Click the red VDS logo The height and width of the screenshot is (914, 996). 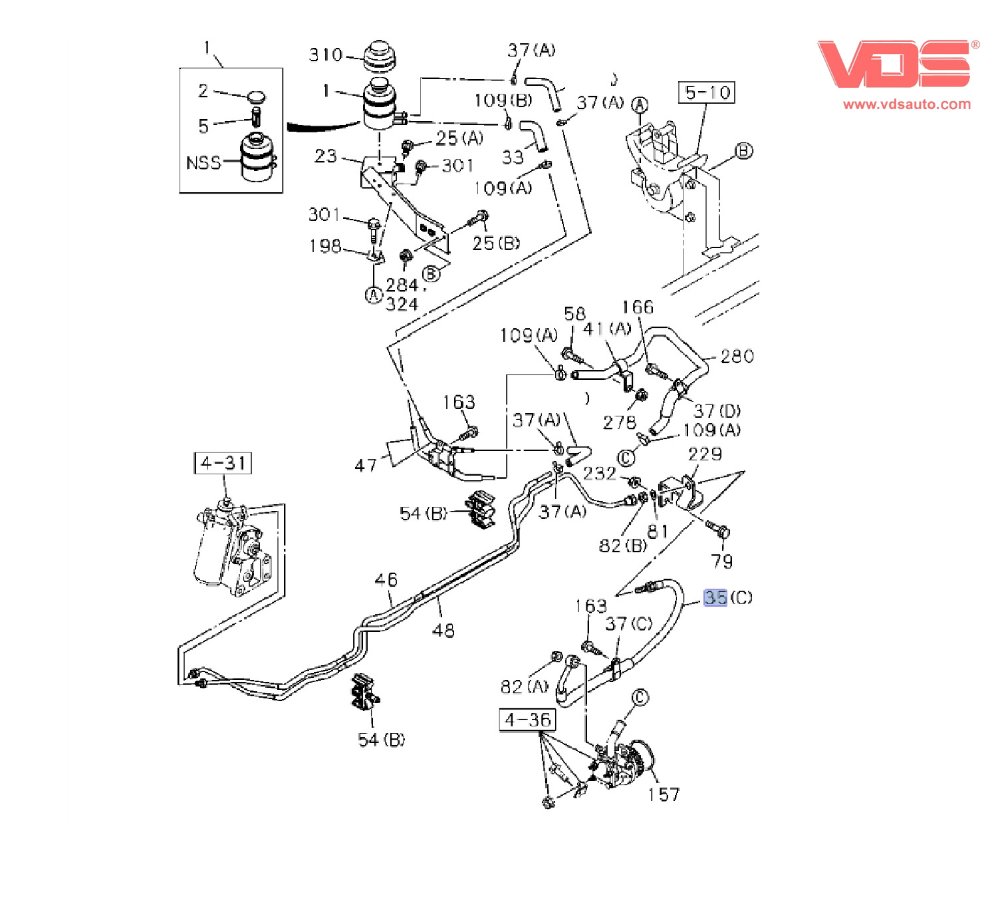pos(894,64)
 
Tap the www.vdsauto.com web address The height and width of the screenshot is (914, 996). pos(907,104)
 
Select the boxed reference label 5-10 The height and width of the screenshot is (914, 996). pos(707,92)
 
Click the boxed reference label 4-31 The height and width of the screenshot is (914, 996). pos(223,463)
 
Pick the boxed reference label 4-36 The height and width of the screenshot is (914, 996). pos(527,720)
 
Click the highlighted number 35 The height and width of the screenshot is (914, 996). pos(715,597)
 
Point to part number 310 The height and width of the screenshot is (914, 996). pos(325,55)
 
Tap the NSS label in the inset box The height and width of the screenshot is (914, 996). pos(203,163)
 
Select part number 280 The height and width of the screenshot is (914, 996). pos(737,357)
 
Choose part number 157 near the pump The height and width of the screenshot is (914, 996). pos(664,794)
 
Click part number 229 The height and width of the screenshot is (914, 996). pos(705,454)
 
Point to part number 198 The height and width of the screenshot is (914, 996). pos(325,246)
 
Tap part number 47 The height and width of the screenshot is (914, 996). pos(366,465)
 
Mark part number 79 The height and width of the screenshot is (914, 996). pos(722,561)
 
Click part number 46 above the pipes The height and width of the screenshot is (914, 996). pos(386,579)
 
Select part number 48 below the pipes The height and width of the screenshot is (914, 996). pos(443,629)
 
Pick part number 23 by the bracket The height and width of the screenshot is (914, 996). pos(326,156)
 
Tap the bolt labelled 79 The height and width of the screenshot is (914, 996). pos(718,530)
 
